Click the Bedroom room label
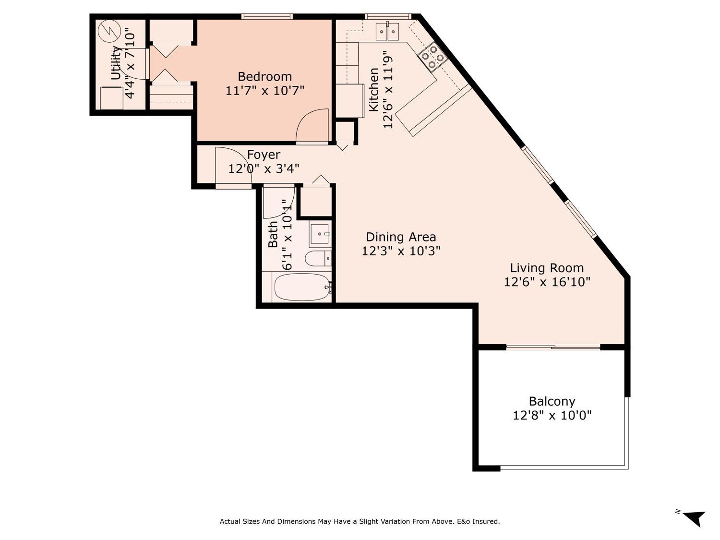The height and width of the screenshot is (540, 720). tap(264, 76)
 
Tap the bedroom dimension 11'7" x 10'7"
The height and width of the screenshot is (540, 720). tap(264, 90)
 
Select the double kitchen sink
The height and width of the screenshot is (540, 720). tap(387, 32)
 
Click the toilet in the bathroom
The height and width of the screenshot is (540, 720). tap(318, 258)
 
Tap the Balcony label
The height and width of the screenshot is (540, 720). tap(552, 401)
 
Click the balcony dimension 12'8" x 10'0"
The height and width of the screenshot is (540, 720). tap(552, 415)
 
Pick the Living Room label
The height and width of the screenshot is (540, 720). tap(547, 268)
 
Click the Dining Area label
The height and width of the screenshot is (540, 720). tap(401, 237)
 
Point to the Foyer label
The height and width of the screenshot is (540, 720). tap(264, 155)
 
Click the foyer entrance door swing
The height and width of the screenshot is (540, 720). tap(233, 165)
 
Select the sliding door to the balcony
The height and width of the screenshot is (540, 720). tap(553, 347)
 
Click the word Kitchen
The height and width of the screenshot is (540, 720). tap(374, 90)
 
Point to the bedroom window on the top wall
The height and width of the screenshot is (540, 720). tap(267, 17)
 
